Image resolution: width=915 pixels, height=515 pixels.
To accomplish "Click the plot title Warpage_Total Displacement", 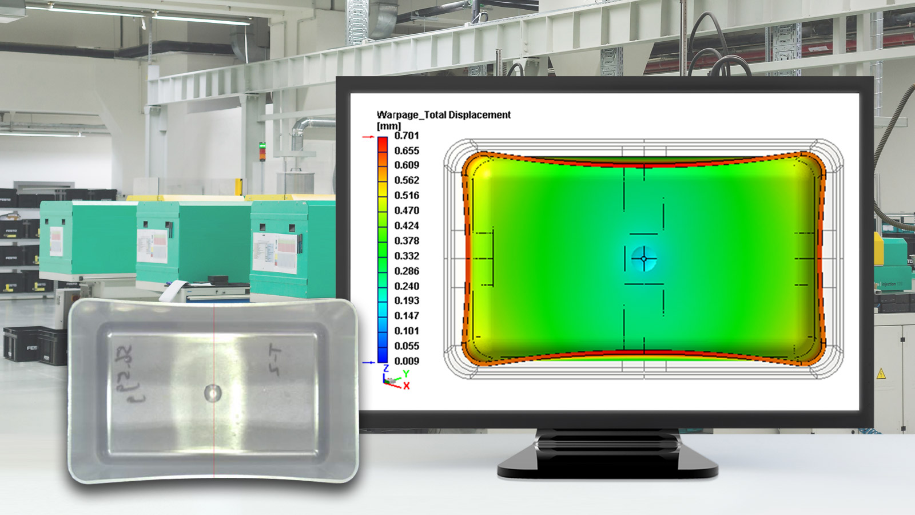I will pos(443,115).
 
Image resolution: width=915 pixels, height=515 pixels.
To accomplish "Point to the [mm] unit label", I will pos(389,126).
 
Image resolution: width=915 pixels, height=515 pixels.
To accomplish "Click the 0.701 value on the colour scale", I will pos(407,136).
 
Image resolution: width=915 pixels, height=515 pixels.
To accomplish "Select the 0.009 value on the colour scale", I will pos(407,361).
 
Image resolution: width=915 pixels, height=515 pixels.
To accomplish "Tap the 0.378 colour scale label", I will pos(407,241).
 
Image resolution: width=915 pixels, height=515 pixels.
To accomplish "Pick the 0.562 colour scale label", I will pos(407,180).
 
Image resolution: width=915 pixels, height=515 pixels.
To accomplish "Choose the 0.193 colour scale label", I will pos(407,300).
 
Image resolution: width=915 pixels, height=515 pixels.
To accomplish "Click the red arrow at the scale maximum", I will pos(368,137).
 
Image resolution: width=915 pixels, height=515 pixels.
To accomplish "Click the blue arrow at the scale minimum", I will pos(368,362).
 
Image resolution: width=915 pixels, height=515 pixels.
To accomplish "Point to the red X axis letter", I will pos(407,386).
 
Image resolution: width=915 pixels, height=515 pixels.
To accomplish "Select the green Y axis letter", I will pos(405,374).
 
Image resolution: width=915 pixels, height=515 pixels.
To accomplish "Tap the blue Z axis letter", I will pos(386,369).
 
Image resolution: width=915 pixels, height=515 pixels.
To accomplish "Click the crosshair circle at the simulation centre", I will pos(644,259).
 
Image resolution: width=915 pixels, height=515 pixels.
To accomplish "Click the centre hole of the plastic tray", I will pos(213,393).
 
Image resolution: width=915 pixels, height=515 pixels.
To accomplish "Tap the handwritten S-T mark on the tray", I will pos(276,360).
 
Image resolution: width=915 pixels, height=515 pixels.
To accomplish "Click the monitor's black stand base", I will pos(607,466).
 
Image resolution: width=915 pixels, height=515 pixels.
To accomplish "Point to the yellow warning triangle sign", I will pos(881,374).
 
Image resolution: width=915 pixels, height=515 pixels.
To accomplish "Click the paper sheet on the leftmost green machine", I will pos(56,241).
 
